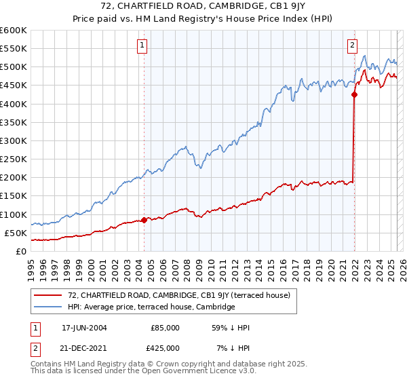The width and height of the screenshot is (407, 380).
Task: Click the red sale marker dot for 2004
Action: (x=144, y=220)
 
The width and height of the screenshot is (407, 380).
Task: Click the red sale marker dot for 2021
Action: (x=354, y=95)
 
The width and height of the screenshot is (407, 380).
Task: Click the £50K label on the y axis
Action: (x=16, y=233)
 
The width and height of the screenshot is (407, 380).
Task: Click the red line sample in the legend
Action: (x=48, y=295)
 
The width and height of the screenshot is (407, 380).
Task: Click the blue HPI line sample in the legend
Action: (x=48, y=307)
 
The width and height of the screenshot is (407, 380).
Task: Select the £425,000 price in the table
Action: (x=165, y=347)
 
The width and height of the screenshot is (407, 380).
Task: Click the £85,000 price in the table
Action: (x=165, y=327)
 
